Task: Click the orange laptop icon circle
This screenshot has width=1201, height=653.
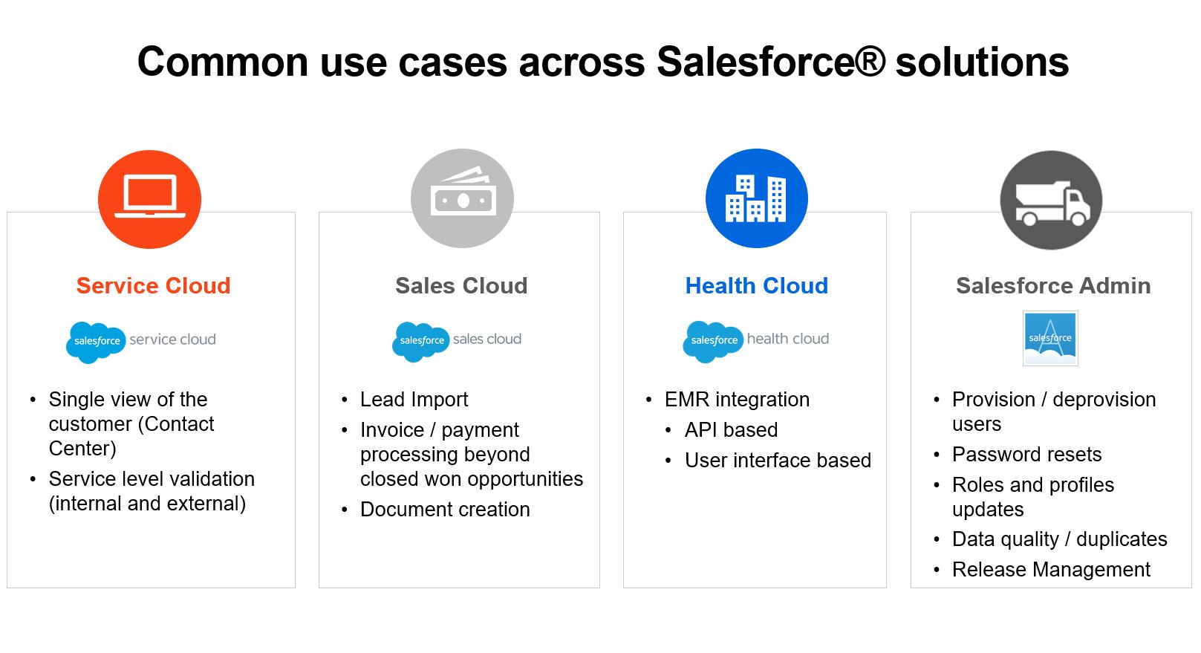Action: pyautogui.click(x=149, y=199)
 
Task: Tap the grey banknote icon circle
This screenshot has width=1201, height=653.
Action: pyautogui.click(x=462, y=198)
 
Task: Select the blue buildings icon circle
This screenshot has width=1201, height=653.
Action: pyautogui.click(x=756, y=198)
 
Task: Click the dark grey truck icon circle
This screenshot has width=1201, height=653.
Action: pyautogui.click(x=1051, y=200)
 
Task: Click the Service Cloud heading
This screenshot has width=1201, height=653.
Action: pyautogui.click(x=153, y=286)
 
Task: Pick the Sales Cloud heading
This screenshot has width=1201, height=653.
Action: pyautogui.click(x=461, y=286)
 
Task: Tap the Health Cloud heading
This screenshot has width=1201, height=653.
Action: pyautogui.click(x=756, y=286)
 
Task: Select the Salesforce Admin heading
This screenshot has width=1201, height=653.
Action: pyautogui.click(x=1053, y=286)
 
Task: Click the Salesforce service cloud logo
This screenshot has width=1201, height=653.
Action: pyautogui.click(x=141, y=341)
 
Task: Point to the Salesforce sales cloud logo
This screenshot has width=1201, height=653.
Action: pyautogui.click(x=457, y=341)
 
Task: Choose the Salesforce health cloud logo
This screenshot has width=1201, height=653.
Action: pyautogui.click(x=756, y=341)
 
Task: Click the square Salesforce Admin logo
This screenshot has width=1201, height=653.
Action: pyautogui.click(x=1050, y=339)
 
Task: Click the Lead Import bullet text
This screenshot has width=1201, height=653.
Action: pyautogui.click(x=414, y=400)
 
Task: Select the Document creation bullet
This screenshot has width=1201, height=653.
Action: pyautogui.click(x=445, y=510)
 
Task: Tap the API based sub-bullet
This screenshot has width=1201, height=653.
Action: pyautogui.click(x=731, y=430)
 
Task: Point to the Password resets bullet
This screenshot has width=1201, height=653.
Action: pyautogui.click(x=1026, y=455)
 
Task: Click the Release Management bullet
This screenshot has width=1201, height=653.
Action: pyautogui.click(x=1051, y=570)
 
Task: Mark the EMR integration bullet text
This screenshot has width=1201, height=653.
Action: pyautogui.click(x=737, y=400)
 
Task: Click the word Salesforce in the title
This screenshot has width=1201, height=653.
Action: pyautogui.click(x=771, y=62)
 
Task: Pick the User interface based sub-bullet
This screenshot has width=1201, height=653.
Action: pyautogui.click(x=778, y=461)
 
